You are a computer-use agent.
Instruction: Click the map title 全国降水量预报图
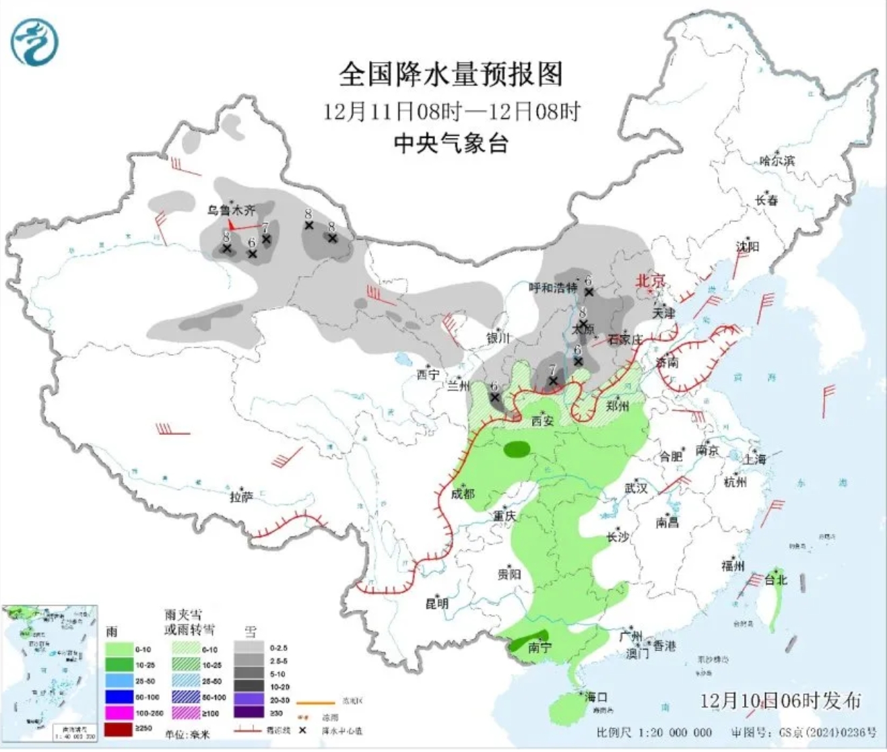[450, 75]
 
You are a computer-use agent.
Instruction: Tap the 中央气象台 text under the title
[450, 143]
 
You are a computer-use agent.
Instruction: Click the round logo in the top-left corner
[34, 42]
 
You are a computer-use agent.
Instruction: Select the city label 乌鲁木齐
[232, 211]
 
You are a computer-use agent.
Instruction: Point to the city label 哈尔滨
[777, 161]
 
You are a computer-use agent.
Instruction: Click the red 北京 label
[651, 281]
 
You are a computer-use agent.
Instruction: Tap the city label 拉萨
[241, 498]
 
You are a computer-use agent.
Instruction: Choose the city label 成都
[462, 494]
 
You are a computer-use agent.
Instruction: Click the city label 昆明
[436, 603]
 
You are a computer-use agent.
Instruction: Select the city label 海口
[595, 697]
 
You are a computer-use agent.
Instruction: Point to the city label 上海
[754, 459]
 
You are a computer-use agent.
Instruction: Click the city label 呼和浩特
[553, 288]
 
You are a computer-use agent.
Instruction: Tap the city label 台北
[775, 579]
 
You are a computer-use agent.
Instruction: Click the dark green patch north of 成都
[517, 448]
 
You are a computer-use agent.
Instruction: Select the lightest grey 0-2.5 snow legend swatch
[248, 648]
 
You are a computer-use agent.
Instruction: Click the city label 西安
[542, 421]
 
